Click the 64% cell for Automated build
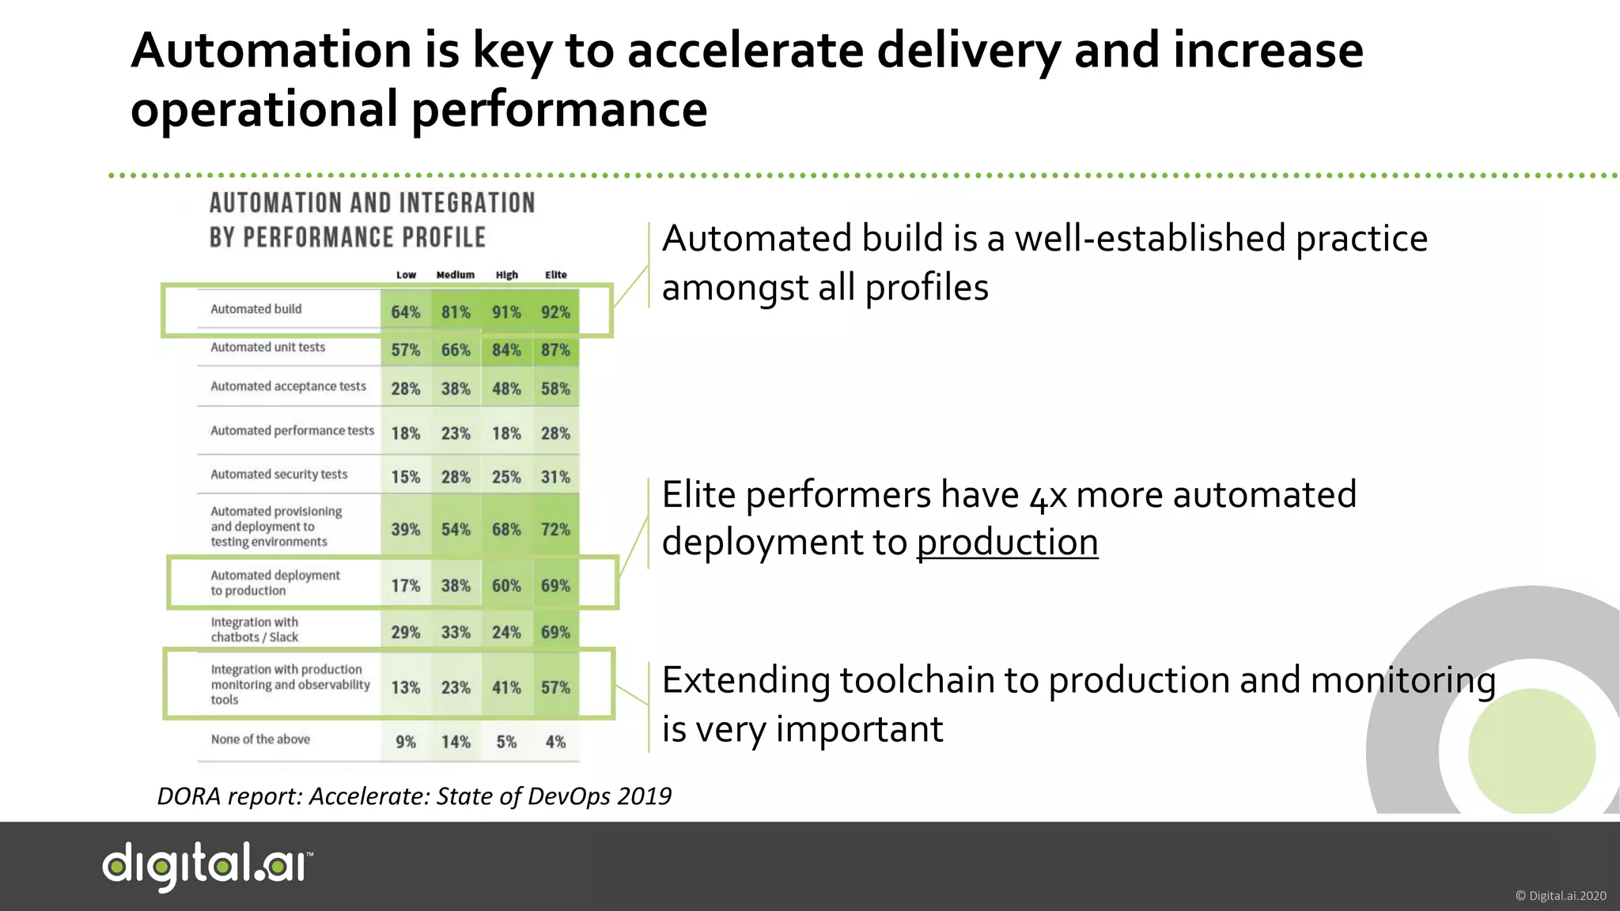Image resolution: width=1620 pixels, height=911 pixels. tap(405, 312)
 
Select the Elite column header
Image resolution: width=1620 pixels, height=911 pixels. tap(555, 274)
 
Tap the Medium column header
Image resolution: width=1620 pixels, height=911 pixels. tap(455, 274)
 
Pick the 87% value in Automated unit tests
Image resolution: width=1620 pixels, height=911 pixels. tap(555, 350)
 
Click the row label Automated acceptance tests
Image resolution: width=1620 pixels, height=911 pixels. tap(288, 386)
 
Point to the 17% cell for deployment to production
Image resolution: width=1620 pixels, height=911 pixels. tap(405, 585)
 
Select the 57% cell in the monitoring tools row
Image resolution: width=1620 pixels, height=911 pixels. tap(555, 687)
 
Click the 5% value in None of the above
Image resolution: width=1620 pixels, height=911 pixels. tap(506, 742)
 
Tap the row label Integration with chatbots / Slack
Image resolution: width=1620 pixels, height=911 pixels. tap(254, 629)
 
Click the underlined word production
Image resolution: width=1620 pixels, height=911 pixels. tap(1006, 542)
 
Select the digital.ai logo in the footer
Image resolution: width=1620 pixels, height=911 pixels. tap(207, 866)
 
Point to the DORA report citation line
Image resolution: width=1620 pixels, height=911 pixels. tap(414, 796)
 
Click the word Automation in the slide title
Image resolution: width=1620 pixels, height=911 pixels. tap(271, 51)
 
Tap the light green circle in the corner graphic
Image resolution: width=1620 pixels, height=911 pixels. tap(1531, 751)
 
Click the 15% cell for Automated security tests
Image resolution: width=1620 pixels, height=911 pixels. tap(405, 477)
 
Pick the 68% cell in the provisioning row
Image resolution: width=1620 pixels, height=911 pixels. tap(506, 529)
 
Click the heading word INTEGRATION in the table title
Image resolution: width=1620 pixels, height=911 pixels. tap(467, 203)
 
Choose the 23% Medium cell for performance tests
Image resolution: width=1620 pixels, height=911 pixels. tap(455, 433)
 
